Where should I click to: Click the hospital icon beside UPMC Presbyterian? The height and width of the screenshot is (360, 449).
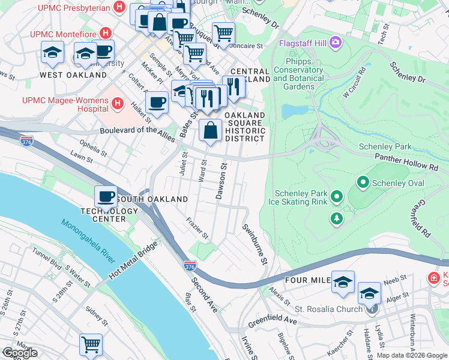tap(119, 8)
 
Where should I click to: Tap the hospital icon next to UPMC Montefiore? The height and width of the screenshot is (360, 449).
tap(106, 32)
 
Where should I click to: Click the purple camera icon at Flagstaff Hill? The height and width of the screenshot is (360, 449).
tap(335, 43)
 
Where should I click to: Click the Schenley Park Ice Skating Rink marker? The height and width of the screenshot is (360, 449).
tap(337, 196)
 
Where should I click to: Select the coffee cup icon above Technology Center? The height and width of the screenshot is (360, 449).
tap(106, 196)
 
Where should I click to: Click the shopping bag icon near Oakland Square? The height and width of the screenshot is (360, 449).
tap(211, 130)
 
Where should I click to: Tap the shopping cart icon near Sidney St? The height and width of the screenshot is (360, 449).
tap(90, 345)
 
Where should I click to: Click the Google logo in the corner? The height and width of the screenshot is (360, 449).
tap(20, 353)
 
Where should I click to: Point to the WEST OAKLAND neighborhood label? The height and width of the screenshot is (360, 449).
tap(73, 75)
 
